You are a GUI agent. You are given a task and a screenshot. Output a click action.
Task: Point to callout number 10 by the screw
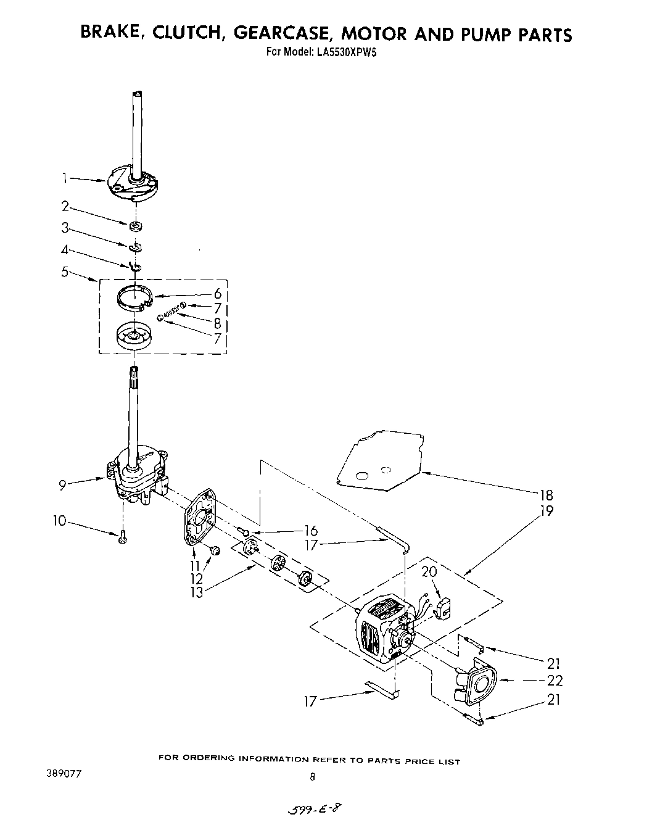59,521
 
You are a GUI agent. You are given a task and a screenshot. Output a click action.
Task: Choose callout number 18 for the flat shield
545,494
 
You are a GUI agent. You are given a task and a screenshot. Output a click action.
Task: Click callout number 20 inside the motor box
429,571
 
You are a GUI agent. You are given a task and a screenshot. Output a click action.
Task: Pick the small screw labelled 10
122,538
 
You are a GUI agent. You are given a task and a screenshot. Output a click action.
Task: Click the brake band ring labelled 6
135,296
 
